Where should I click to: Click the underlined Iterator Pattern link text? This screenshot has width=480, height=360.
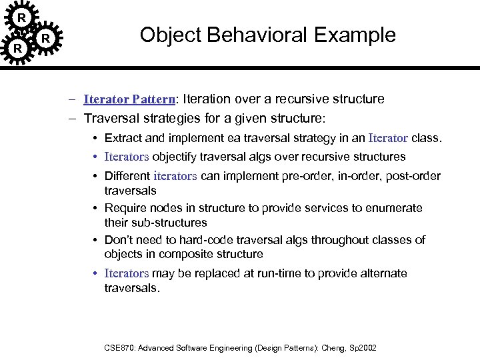tap(129, 99)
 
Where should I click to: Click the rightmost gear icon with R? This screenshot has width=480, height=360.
tap(45, 39)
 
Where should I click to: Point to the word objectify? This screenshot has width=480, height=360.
tap(176, 157)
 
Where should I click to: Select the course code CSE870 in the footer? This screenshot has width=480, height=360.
tap(120, 348)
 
